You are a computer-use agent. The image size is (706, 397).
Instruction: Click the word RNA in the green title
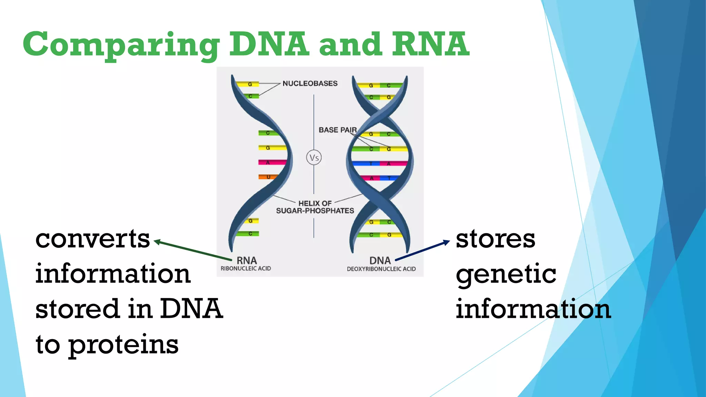pos(430,44)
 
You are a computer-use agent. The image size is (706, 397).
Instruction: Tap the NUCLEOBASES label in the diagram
pos(310,83)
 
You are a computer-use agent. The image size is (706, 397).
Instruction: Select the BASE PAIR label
pos(337,130)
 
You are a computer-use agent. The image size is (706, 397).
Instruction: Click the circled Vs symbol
pos(314,158)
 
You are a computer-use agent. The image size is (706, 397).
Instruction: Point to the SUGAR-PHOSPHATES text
pos(315,211)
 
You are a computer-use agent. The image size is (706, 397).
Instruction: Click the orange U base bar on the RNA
pos(268,177)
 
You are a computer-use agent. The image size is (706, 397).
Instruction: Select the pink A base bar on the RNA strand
pos(271,162)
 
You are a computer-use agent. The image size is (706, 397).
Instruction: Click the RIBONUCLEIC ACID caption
pos(246,268)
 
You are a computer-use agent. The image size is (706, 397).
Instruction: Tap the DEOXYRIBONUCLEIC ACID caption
pos(381,269)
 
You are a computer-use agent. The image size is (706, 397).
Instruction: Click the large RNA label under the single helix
pos(247,260)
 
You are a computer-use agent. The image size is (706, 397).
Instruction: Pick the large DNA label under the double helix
pos(380,260)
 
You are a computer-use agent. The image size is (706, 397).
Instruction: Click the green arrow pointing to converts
pos(193,250)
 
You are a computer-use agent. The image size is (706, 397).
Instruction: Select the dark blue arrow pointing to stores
pos(422,251)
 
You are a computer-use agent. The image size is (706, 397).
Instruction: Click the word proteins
pos(123,345)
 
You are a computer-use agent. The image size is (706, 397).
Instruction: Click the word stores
pos(495,239)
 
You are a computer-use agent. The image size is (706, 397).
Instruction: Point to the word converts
pos(92,239)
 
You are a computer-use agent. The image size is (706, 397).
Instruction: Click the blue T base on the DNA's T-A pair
pos(365,163)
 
